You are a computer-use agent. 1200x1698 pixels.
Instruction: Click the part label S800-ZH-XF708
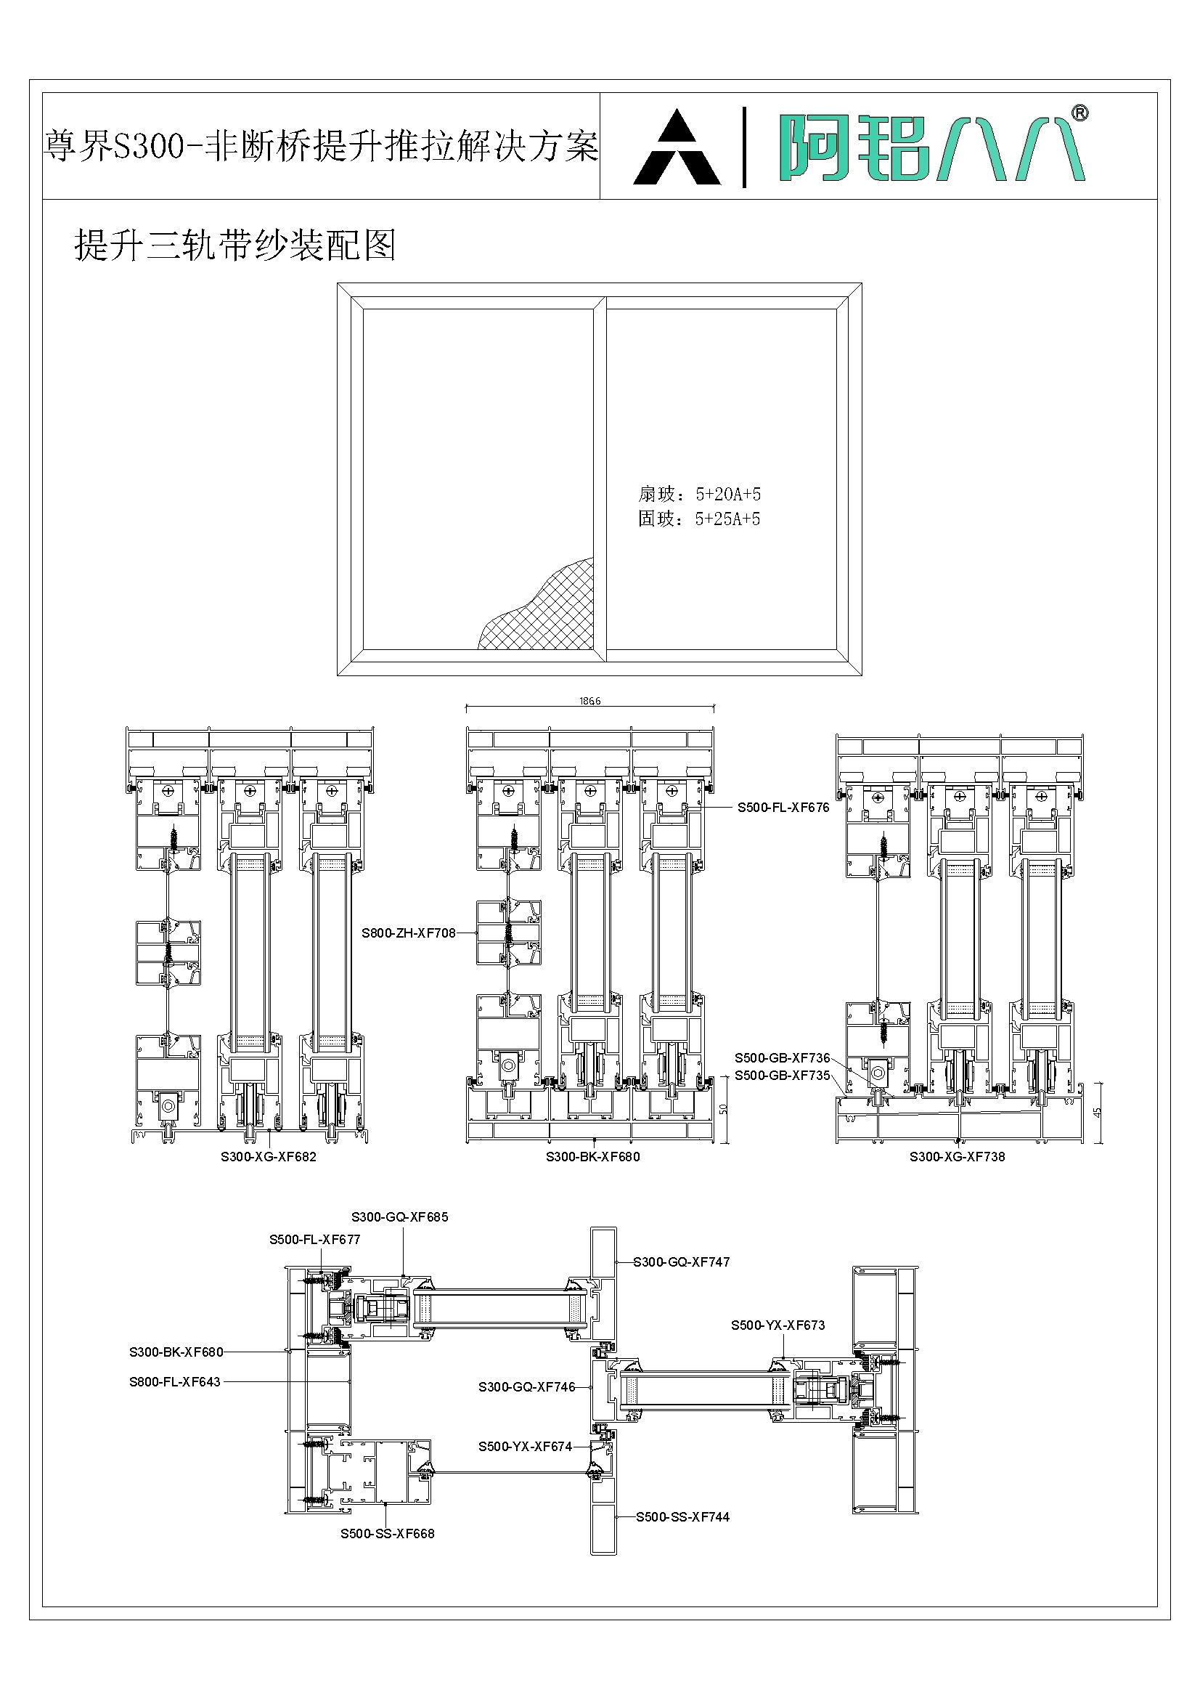[x=408, y=933]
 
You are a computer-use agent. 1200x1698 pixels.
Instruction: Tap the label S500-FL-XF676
[x=783, y=808]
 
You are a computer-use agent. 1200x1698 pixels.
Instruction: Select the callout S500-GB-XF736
[x=783, y=1058]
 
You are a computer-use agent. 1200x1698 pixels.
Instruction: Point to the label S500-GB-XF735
[x=783, y=1076]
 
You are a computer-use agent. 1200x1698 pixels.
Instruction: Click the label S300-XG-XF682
[x=269, y=1157]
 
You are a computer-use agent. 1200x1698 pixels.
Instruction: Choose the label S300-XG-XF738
[x=957, y=1157]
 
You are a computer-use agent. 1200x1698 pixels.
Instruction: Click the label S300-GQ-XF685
[x=399, y=1216]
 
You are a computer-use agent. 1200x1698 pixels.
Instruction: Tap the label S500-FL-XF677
[x=314, y=1240]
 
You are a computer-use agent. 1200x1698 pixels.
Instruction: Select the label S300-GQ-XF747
[x=681, y=1262]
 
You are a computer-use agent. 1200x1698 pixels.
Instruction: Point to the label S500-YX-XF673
[x=777, y=1325]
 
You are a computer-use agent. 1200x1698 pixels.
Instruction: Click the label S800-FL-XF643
[x=174, y=1381]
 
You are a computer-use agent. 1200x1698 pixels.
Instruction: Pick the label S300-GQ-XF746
[x=526, y=1387]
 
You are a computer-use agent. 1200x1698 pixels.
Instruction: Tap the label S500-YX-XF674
[x=525, y=1447]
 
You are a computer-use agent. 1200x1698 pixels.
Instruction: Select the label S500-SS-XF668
[x=388, y=1534]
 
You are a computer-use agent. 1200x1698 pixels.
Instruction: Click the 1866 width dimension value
[x=589, y=701]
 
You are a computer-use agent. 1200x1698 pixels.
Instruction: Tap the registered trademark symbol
[x=1079, y=113]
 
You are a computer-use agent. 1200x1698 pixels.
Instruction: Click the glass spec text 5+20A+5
[x=727, y=494]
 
